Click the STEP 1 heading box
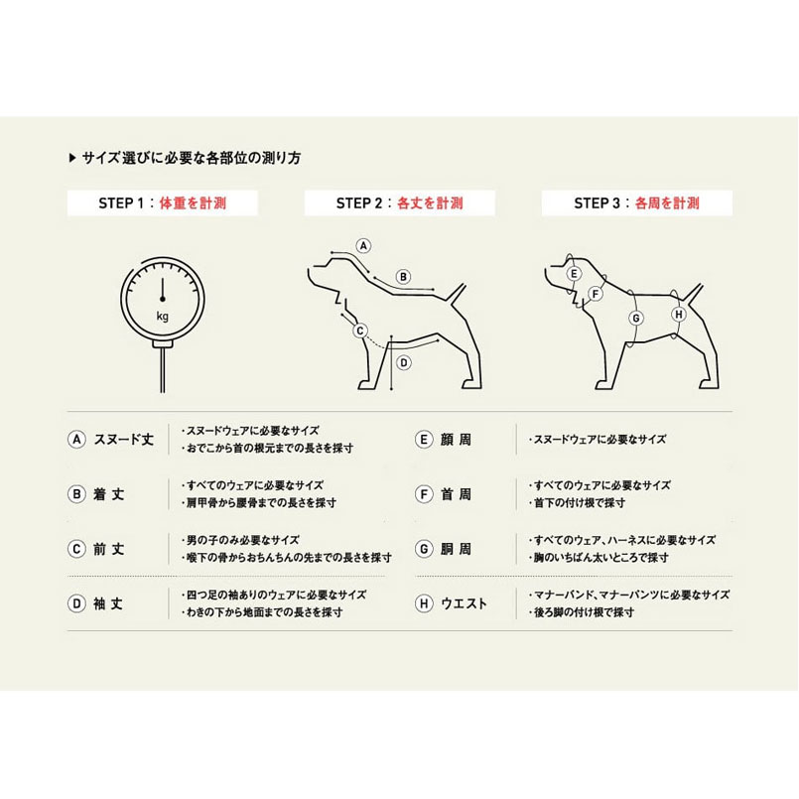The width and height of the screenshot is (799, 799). point(163,203)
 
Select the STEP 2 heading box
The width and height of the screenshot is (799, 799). point(400,203)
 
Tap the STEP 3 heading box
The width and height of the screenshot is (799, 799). point(637,203)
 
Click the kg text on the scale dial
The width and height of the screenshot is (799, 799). point(163,317)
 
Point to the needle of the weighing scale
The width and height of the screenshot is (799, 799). point(163,290)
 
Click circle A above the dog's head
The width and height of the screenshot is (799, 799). point(363,246)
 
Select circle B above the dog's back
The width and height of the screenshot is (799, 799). point(403,277)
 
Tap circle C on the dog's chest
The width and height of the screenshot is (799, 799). point(360,331)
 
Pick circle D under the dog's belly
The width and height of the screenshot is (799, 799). point(404,363)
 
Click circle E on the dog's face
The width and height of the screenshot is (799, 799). point(575,274)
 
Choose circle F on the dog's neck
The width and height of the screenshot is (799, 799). point(596,294)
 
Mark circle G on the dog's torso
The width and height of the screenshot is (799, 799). point(636,318)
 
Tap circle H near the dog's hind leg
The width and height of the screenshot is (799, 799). point(679,315)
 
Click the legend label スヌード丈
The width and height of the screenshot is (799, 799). point(124,440)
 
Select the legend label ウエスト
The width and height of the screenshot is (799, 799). point(464,603)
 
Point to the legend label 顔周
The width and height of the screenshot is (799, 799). point(456,440)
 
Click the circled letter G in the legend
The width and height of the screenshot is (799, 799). point(424,549)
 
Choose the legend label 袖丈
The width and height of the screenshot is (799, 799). point(108,603)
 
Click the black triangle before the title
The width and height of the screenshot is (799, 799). point(71,158)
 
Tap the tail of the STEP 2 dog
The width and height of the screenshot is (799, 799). point(457,293)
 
